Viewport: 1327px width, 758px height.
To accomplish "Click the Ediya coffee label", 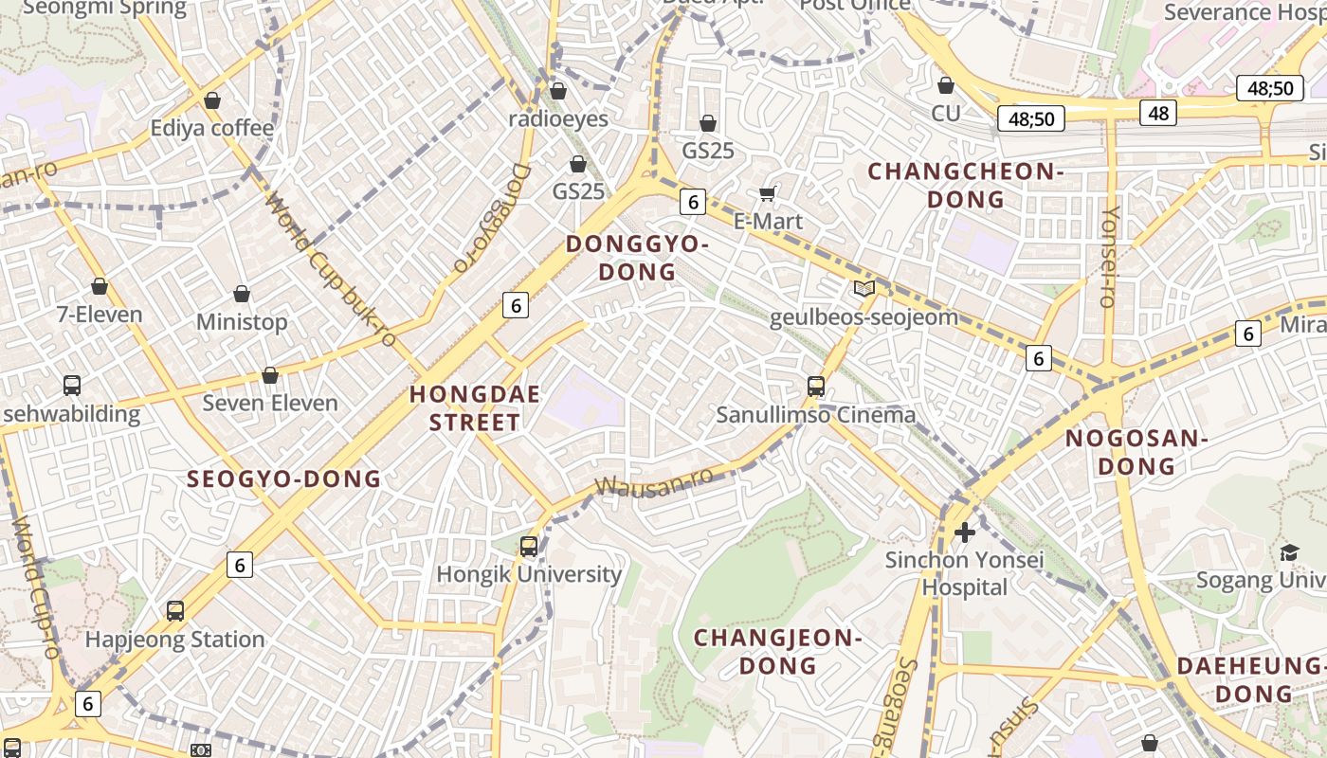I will [212, 128].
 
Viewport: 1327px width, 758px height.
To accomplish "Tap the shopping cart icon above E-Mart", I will [767, 194].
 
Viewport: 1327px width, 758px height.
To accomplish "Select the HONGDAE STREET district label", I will [474, 408].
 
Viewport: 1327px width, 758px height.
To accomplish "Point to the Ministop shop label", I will [242, 322].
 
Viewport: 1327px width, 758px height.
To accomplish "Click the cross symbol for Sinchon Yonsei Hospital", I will [965, 532].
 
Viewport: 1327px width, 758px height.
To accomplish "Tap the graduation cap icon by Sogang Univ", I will [1289, 552].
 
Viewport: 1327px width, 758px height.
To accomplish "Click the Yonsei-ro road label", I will [1108, 256].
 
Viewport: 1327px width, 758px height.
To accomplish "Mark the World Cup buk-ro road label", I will [330, 269].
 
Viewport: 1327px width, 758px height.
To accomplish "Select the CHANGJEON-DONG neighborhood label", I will [778, 651].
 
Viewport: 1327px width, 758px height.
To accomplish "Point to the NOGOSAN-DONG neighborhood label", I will [1136, 452].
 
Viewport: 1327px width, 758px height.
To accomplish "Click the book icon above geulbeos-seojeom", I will [863, 288].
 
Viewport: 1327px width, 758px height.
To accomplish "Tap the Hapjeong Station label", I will [174, 640].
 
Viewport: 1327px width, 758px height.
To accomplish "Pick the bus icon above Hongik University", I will [529, 547].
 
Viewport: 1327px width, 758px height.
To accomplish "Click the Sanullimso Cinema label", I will [816, 415].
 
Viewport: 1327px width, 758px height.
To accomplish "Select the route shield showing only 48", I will [1158, 114].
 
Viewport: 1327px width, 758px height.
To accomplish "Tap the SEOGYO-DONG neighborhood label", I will [284, 478].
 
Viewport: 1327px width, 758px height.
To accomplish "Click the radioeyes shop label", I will [558, 119].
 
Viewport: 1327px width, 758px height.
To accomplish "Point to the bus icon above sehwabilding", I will [72, 386].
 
